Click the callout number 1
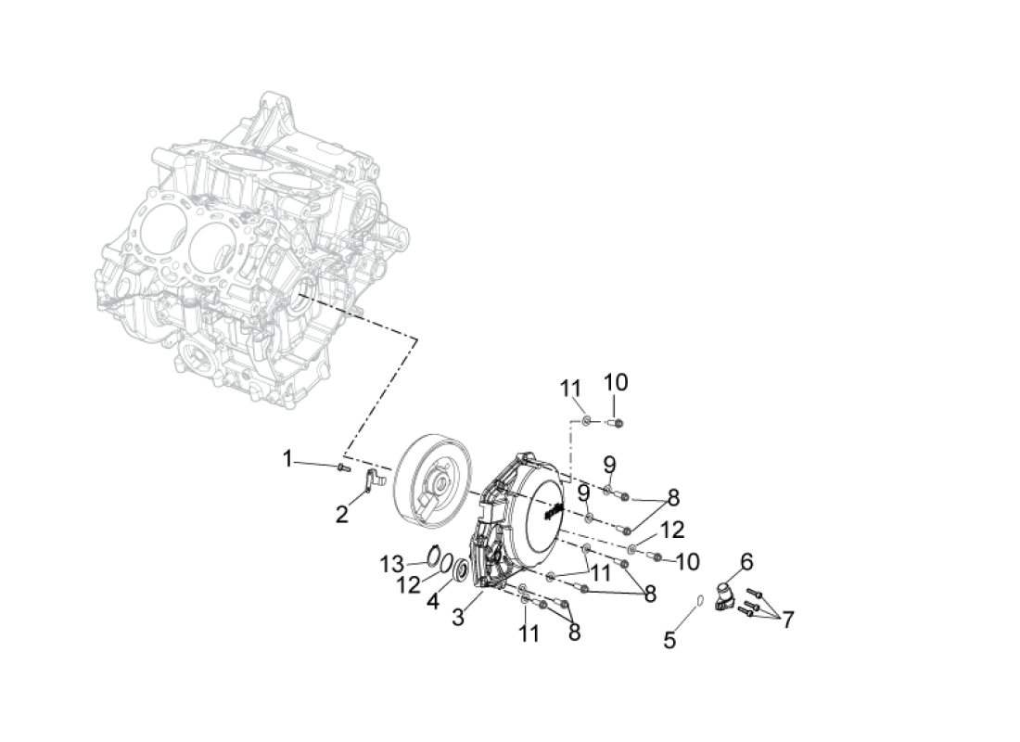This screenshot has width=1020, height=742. tap(287, 459)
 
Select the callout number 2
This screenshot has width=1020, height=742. tap(342, 514)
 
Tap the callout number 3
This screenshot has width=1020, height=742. tap(458, 617)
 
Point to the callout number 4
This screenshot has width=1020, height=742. tap(433, 602)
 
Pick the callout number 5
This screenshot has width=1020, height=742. tap(670, 641)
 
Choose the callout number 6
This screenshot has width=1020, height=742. tap(746, 561)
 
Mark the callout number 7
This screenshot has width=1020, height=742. tap(788, 620)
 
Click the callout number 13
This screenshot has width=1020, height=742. tap(392, 564)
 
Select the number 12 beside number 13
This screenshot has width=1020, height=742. tap(409, 585)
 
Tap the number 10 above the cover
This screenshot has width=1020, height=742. tap(616, 383)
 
